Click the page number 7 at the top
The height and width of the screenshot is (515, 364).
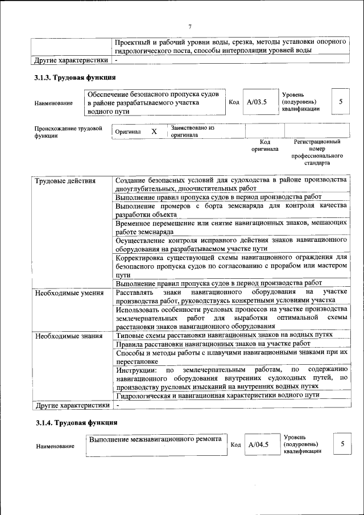(190, 26)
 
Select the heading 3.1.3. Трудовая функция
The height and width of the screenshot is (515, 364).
(76, 77)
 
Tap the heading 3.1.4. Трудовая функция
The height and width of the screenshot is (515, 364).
(76, 423)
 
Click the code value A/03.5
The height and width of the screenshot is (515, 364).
(257, 102)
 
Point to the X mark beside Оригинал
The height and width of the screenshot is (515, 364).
(154, 131)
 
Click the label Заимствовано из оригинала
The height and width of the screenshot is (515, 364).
(192, 132)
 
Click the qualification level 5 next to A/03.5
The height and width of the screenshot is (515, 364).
(341, 102)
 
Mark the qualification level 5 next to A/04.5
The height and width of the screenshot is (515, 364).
(342, 444)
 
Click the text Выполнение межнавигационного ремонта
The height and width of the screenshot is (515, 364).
(155, 440)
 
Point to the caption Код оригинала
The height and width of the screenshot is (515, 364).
(264, 146)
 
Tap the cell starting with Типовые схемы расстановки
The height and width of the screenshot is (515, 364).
(231, 336)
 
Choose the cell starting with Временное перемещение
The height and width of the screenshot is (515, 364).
(231, 228)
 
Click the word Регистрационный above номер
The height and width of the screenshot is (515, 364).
(317, 142)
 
